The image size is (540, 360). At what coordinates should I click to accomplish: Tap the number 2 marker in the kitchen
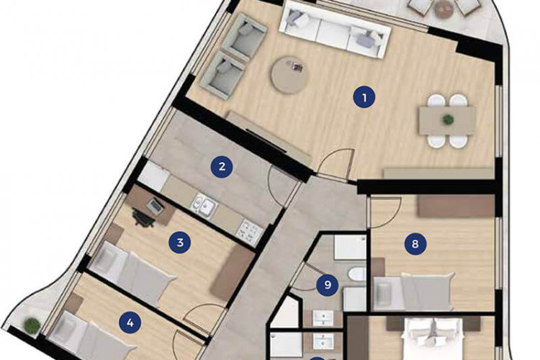[x=222, y=167]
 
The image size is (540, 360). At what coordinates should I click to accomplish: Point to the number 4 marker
[x=130, y=323]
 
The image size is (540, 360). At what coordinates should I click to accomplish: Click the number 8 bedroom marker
[x=415, y=243]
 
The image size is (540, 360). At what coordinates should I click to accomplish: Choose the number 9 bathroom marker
[x=328, y=285]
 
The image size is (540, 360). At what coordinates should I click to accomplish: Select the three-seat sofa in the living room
[x=335, y=29]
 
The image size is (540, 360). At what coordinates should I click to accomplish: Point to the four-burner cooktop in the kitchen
[x=249, y=230]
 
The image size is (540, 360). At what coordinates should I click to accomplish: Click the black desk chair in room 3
[x=140, y=218]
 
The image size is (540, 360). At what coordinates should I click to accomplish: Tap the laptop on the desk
[x=156, y=206]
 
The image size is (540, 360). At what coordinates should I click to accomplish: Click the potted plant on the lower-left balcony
[x=31, y=325]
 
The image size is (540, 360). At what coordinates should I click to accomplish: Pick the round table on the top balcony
[x=441, y=7]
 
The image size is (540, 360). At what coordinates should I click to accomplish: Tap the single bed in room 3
[x=137, y=269]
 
